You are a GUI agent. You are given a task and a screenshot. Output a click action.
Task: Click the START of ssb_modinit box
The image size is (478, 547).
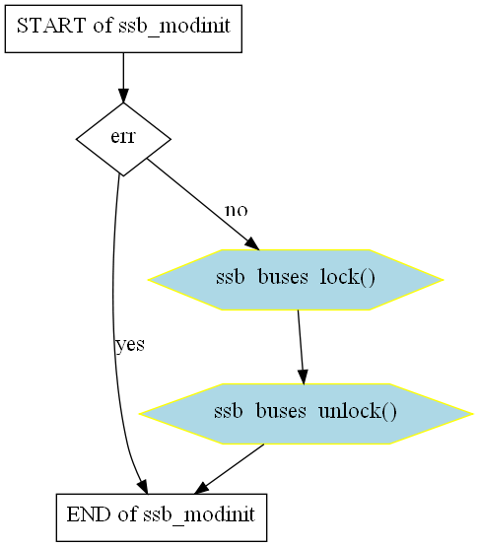123,29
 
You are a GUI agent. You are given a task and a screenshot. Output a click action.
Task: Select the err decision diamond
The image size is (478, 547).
123,139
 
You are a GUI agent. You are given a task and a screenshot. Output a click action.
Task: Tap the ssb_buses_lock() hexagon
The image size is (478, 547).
296,280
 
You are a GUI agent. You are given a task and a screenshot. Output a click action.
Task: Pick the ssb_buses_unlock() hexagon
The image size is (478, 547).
306,414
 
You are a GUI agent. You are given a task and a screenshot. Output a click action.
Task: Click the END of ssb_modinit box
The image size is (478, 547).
162,517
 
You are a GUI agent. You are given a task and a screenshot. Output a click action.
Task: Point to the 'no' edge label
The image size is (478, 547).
237,210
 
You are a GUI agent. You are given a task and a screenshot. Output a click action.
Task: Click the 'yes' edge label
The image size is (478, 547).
130,345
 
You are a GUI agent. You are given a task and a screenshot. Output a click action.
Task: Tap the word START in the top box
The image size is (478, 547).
51,26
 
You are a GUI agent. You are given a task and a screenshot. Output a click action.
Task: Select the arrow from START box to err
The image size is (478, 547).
123,78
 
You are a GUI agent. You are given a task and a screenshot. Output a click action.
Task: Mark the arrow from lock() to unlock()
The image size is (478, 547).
301,347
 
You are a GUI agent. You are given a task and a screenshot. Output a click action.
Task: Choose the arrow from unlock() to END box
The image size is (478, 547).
229,469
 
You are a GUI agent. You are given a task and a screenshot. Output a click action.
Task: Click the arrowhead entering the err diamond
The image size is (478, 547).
123,96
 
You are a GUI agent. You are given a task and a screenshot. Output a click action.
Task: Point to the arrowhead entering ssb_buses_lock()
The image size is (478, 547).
252,243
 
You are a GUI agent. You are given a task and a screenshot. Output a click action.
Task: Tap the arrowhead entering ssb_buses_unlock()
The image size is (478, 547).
303,377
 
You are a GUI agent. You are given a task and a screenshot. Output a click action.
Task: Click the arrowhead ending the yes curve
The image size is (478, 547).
143,487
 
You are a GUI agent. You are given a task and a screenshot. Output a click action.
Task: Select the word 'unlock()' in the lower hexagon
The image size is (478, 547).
358,411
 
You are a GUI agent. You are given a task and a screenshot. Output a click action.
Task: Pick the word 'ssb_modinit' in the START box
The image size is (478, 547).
174,26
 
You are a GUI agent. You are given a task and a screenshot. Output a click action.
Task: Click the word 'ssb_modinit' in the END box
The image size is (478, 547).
199,514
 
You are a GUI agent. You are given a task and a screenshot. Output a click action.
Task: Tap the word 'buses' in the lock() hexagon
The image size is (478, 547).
283,277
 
